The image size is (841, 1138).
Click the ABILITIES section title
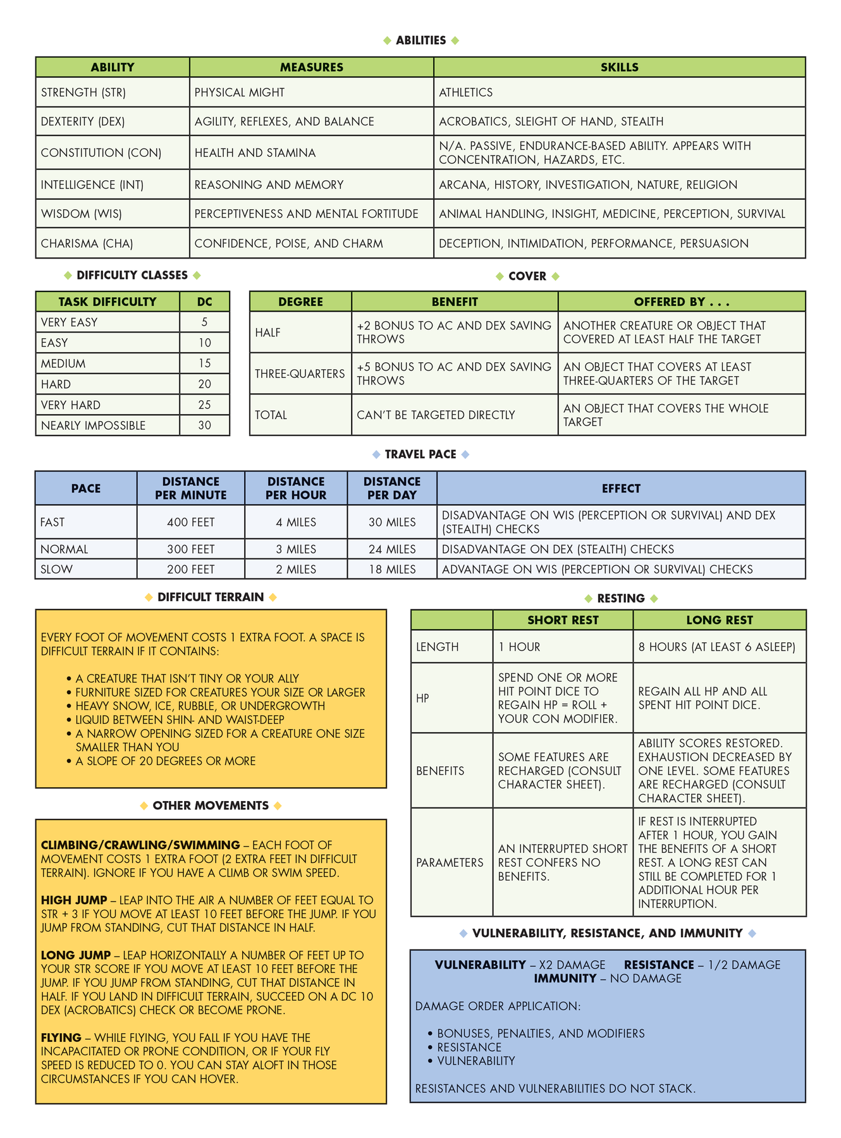(420, 40)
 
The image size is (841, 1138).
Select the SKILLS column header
(619, 67)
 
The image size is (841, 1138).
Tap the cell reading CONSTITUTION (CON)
(101, 153)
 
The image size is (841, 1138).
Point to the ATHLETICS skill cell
(466, 92)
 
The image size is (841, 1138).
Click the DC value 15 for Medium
(204, 364)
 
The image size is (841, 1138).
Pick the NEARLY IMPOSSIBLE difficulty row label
(93, 425)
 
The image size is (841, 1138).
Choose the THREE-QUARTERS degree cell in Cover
(300, 374)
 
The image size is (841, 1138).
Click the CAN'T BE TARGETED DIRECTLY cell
(436, 415)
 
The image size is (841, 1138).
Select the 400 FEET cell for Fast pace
(190, 522)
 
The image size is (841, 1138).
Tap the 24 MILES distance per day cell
(392, 549)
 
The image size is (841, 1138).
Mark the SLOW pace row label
(56, 569)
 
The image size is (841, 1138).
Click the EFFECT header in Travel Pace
(620, 488)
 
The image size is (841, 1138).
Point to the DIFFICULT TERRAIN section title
(211, 597)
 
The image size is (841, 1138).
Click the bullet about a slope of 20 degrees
(165, 761)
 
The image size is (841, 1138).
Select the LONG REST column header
(719, 620)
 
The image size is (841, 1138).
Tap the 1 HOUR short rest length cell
(519, 647)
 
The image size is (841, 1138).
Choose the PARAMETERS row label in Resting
(450, 862)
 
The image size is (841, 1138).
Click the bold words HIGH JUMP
(74, 900)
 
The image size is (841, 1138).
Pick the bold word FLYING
(61, 1037)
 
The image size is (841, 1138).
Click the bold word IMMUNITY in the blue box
(565, 979)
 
